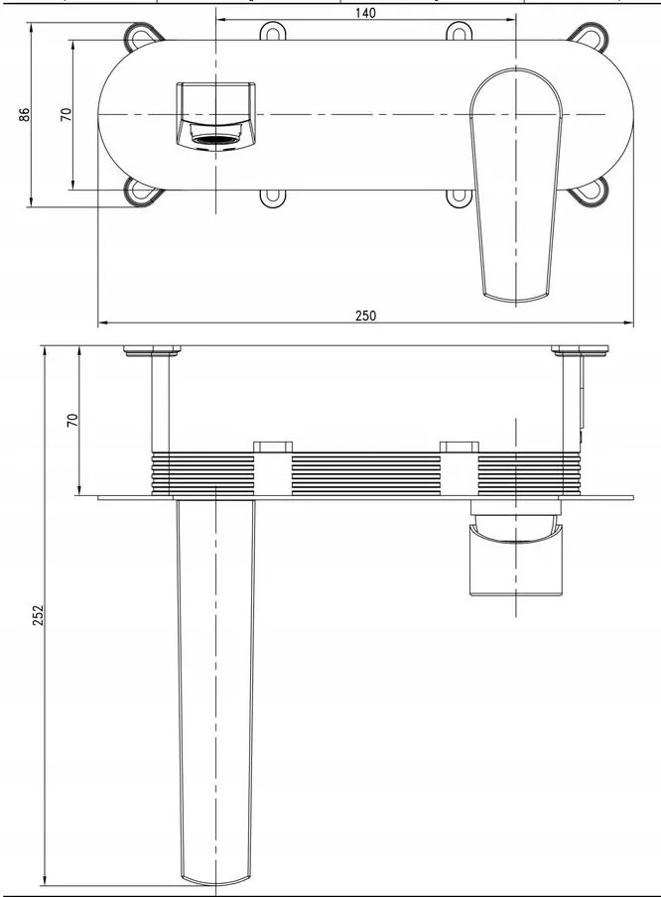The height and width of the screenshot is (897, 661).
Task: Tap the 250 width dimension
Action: [x=365, y=316]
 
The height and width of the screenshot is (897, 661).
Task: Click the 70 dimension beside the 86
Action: [x=66, y=115]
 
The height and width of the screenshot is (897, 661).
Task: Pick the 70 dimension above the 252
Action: [x=71, y=420]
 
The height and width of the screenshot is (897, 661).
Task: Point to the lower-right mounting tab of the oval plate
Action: [x=588, y=192]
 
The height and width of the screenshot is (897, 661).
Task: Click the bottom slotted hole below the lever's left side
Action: [x=461, y=198]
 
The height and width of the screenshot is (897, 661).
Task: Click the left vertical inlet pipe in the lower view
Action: [x=159, y=402]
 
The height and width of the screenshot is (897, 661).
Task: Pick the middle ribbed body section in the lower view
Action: [x=365, y=472]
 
